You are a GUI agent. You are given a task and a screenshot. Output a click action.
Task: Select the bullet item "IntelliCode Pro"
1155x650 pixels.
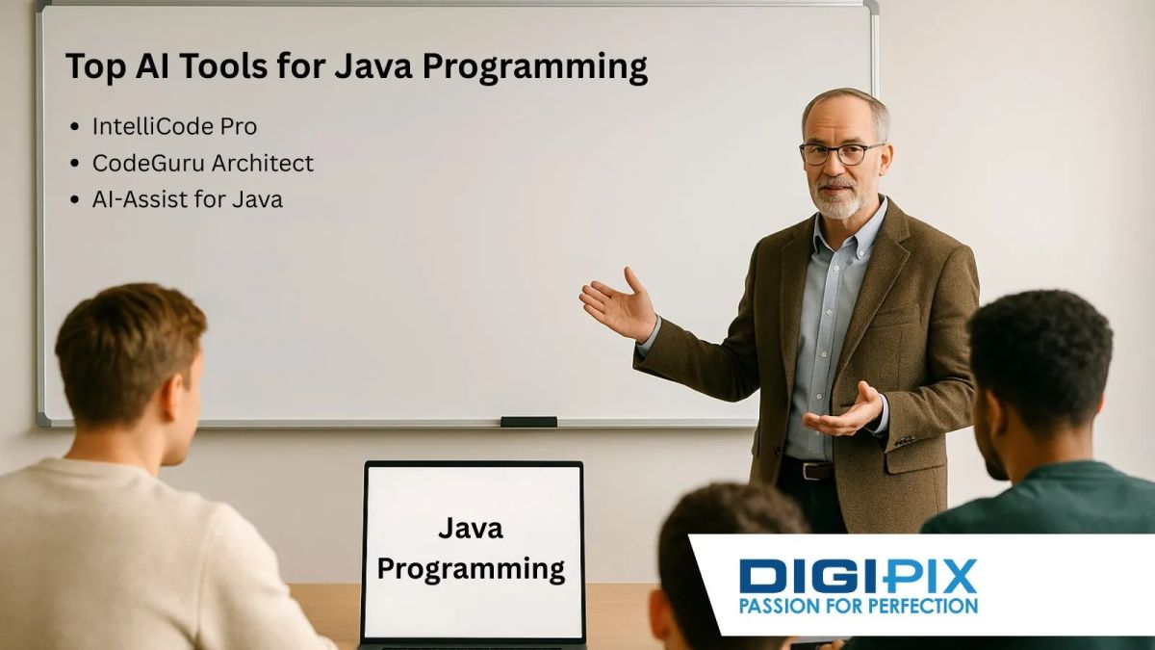click(x=174, y=126)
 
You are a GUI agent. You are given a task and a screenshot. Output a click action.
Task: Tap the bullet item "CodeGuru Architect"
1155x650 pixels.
click(x=202, y=164)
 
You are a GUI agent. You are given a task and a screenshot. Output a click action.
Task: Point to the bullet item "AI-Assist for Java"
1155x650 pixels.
click(x=187, y=200)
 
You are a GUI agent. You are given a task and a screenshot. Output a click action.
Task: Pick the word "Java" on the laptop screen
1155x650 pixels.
click(x=471, y=528)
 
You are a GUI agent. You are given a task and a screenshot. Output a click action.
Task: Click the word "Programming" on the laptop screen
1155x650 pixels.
click(x=471, y=568)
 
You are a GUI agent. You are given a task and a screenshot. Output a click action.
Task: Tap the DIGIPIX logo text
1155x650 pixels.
click(x=858, y=575)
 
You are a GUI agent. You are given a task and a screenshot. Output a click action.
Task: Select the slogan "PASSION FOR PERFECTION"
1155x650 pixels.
click(x=858, y=606)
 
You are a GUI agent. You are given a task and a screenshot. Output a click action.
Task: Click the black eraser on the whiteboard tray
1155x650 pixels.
click(x=528, y=422)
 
